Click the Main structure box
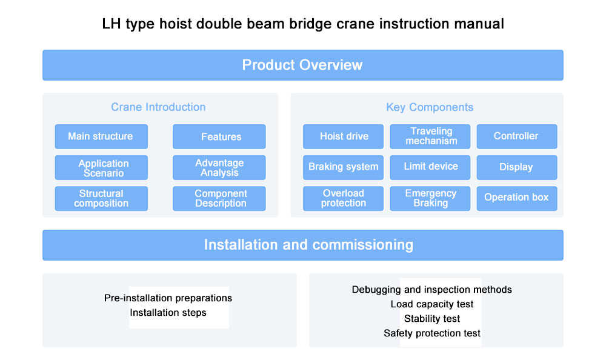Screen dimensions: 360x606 point(101,136)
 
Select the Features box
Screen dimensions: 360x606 point(219,136)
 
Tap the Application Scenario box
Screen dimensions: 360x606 point(101,168)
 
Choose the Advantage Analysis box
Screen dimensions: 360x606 point(219,168)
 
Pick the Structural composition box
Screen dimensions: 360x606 point(101,199)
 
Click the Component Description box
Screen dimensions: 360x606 point(219,199)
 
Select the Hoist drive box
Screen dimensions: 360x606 point(343,136)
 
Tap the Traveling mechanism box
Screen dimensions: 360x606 point(430,136)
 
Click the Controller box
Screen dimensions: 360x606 point(516,136)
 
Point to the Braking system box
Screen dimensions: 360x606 point(343,167)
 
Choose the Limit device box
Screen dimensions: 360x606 point(430,167)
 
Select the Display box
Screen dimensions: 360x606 point(516,167)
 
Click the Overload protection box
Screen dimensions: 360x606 point(343,199)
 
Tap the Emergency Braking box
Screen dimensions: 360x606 point(430,199)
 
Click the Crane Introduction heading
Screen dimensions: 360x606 point(158,107)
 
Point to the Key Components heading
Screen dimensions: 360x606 point(430,107)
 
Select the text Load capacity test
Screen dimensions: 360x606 point(432,304)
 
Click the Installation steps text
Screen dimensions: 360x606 point(168,313)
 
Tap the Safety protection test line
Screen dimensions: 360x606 point(432,333)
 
